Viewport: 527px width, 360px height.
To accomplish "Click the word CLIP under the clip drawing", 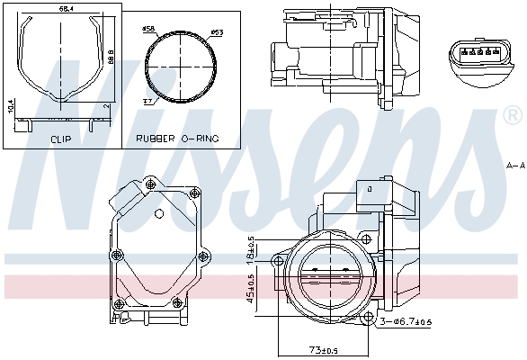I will [x=61, y=139].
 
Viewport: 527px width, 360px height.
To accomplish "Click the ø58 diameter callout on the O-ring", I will [x=148, y=30].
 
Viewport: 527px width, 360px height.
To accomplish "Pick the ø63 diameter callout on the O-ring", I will [x=216, y=34].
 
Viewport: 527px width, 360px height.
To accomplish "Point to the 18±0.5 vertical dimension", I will [x=251, y=247].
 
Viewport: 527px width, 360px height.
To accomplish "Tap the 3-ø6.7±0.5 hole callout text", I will [x=406, y=321].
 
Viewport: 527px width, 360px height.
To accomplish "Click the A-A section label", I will [x=514, y=166].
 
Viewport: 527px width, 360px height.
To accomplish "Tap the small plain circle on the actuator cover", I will [x=159, y=213].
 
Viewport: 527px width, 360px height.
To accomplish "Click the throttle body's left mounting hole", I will [x=275, y=262].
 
